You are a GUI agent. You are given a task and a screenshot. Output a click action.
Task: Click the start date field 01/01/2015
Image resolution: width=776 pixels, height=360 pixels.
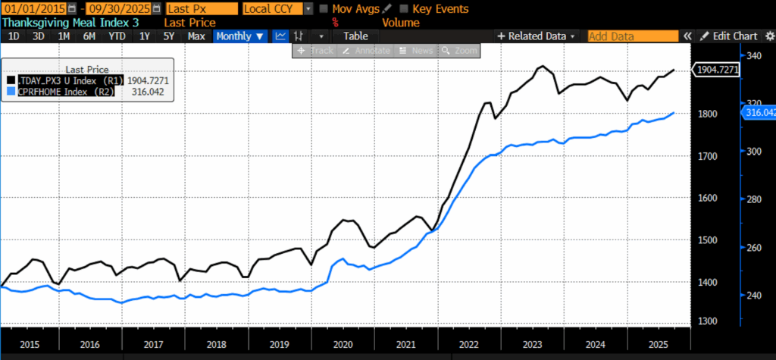point(32,9)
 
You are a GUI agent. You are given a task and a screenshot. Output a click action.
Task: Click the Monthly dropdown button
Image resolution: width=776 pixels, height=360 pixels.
point(240,36)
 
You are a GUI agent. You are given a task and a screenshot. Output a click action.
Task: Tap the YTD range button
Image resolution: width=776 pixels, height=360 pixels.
point(117,36)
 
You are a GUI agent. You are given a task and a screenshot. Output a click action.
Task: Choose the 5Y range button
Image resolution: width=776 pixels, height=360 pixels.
point(169,36)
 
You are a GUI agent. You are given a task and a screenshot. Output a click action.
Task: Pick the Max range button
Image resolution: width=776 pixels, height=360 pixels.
point(196,36)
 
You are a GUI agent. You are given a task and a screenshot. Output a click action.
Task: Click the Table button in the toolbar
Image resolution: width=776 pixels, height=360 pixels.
point(355,36)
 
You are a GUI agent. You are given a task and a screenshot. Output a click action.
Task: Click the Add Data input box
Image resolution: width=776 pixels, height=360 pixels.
point(632,36)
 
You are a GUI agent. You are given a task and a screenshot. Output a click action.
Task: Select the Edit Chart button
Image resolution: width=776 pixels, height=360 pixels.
point(728,36)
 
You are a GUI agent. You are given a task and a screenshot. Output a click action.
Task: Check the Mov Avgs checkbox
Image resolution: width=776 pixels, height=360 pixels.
point(324,9)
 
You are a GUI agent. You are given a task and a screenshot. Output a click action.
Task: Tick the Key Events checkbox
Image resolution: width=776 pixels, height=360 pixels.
point(404,9)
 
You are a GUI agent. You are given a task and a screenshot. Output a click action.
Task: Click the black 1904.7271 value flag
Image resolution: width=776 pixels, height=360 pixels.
point(717,70)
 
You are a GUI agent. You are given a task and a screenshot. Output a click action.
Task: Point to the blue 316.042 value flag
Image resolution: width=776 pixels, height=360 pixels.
point(757,113)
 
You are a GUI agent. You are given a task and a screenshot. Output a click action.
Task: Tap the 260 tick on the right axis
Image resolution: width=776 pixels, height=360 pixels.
point(753,247)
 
